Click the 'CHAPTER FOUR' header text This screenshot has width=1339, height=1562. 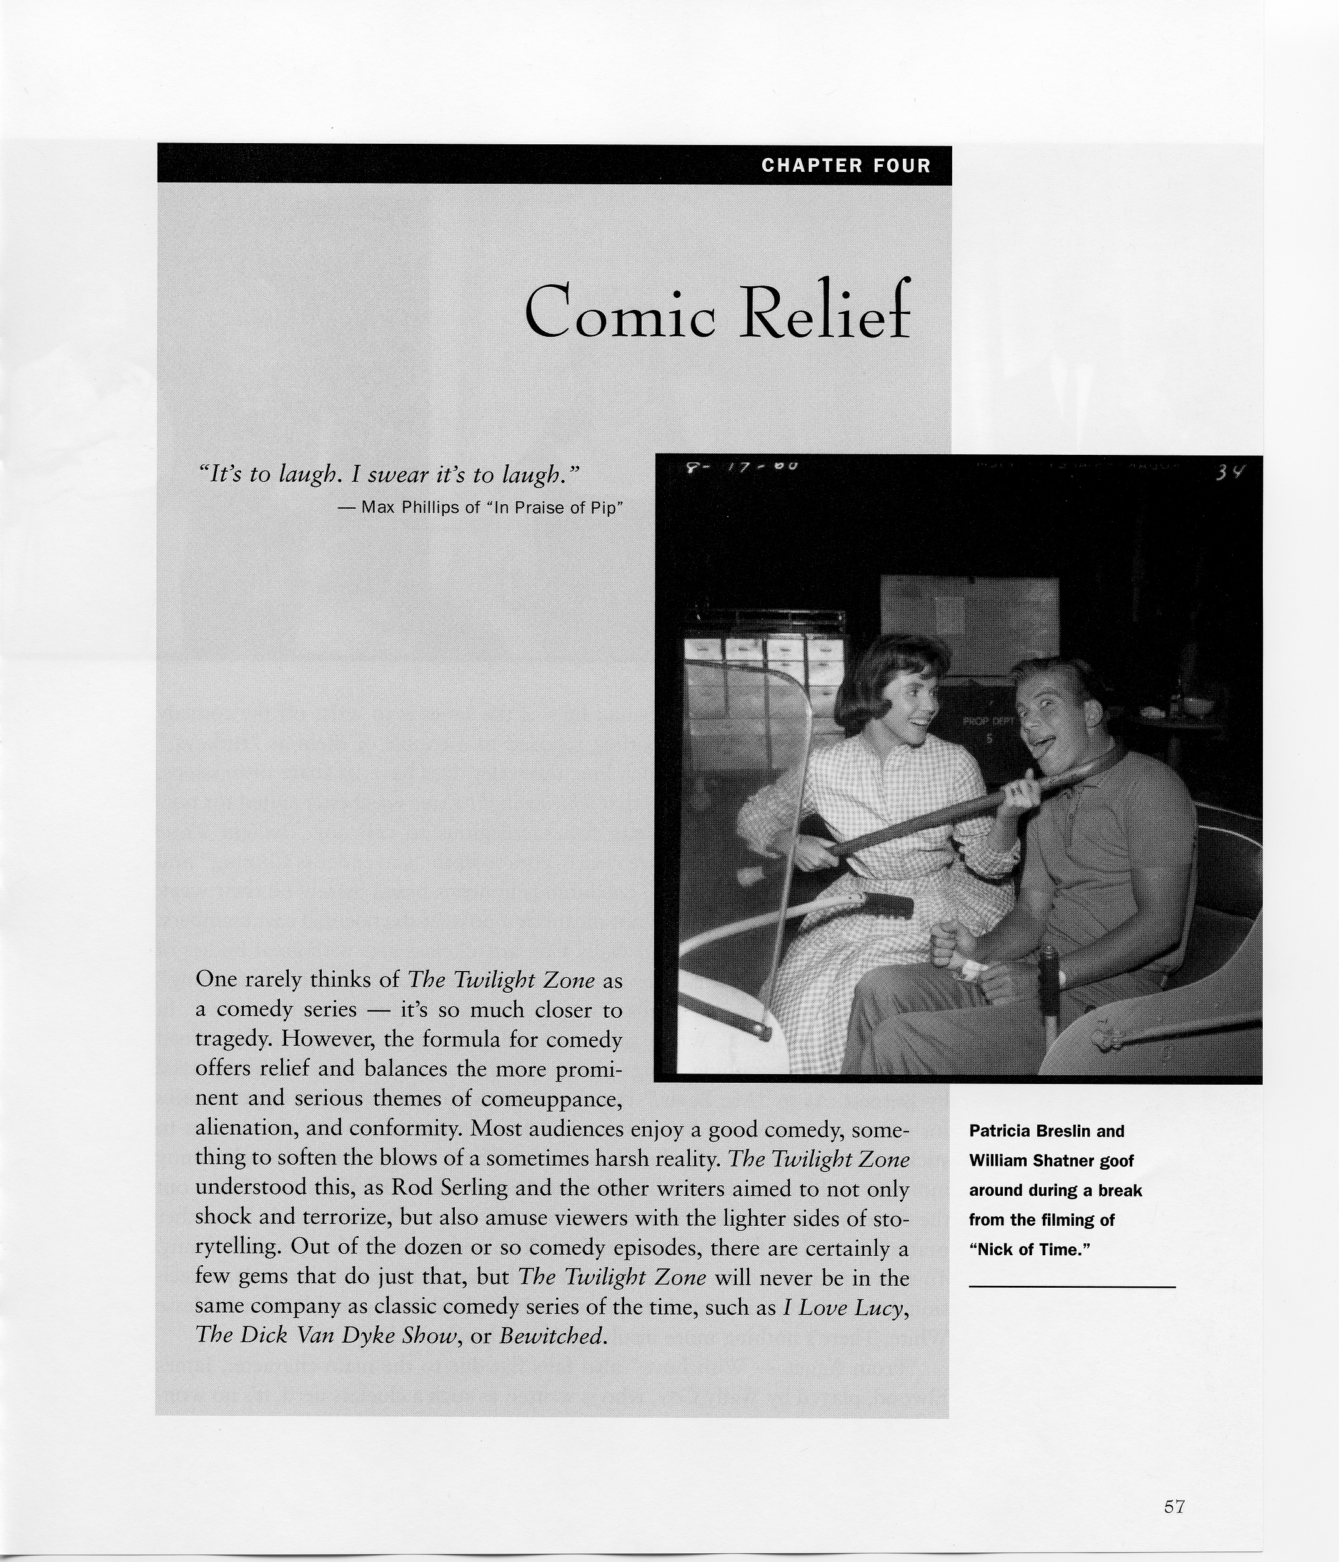[846, 166]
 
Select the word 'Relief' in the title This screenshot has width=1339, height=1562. [825, 311]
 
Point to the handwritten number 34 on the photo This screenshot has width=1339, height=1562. [1230, 474]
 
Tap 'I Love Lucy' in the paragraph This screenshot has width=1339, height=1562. [843, 1306]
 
